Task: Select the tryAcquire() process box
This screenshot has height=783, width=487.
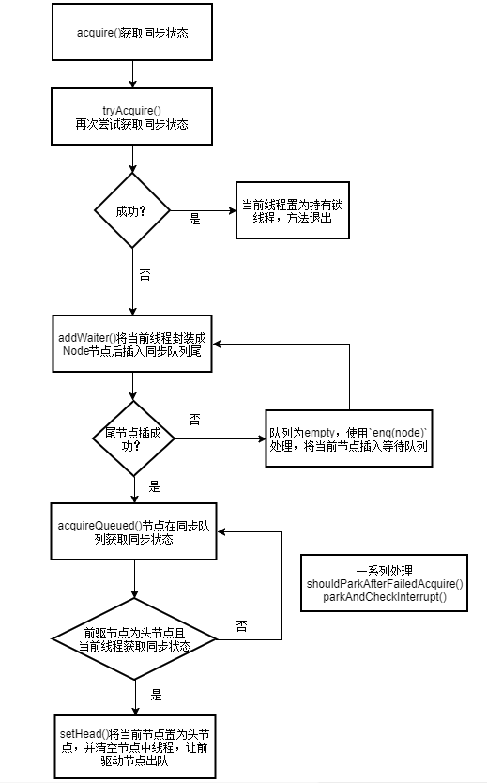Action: tap(131, 116)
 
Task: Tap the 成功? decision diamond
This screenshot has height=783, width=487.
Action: tap(131, 210)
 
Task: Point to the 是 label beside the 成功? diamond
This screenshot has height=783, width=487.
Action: tap(195, 219)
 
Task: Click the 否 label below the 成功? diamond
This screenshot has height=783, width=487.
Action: tap(145, 275)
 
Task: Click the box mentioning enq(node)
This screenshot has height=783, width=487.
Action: tap(348, 439)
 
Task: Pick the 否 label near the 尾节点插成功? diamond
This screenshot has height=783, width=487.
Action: tap(194, 417)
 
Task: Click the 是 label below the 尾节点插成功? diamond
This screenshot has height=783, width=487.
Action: tap(155, 488)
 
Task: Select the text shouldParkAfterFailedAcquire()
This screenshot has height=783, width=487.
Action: tap(385, 584)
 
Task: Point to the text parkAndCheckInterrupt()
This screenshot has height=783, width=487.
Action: tap(385, 597)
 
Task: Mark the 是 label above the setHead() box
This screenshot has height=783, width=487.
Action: tap(156, 696)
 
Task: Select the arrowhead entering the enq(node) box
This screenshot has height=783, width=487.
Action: tap(261, 438)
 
